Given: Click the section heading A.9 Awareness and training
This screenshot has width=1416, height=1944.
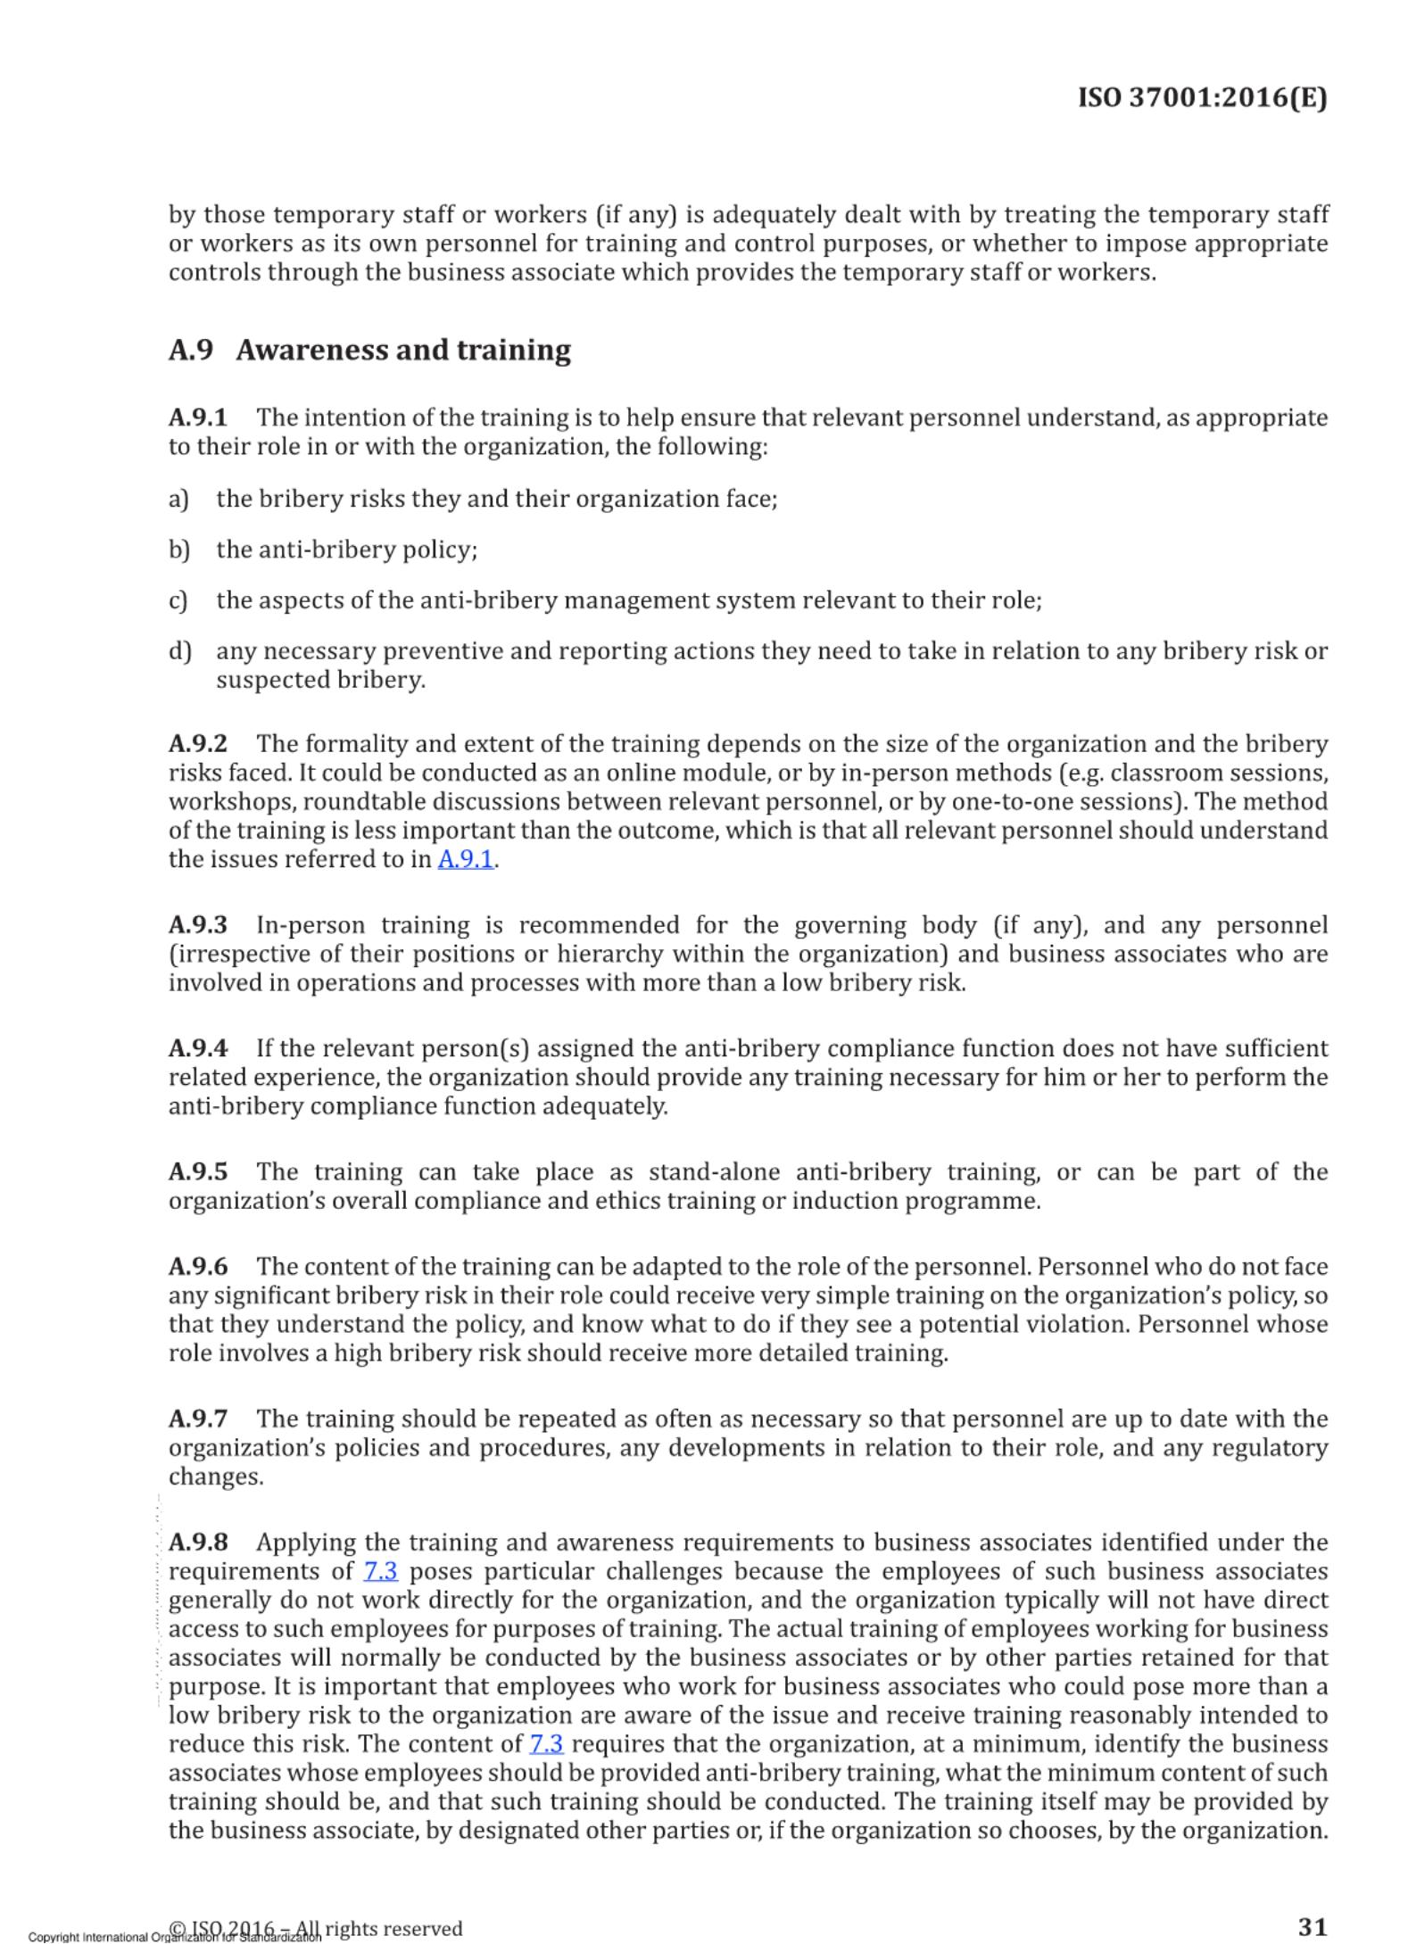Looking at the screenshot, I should tap(369, 351).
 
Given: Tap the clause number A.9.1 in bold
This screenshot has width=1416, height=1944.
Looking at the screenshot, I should tap(198, 418).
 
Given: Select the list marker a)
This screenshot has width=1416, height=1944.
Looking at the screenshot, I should tap(178, 499).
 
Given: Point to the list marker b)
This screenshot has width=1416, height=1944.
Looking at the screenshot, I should tap(179, 550).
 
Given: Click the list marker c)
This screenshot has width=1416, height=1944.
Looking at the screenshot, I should tap(178, 600).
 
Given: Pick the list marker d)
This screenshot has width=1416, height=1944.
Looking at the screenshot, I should tap(179, 651).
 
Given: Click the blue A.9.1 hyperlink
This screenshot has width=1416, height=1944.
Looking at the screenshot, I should tap(465, 859).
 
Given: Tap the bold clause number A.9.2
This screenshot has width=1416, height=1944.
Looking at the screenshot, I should tap(198, 743).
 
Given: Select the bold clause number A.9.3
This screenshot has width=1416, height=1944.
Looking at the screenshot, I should tap(198, 925).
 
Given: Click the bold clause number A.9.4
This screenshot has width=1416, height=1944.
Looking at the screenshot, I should tap(198, 1048).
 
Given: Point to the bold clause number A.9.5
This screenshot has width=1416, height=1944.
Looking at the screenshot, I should tap(198, 1171).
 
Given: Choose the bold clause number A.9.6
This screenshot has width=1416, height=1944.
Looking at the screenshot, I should tap(198, 1267).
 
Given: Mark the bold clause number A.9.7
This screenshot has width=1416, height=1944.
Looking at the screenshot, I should tap(198, 1419).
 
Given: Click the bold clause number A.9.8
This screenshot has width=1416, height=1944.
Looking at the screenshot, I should tap(198, 1543).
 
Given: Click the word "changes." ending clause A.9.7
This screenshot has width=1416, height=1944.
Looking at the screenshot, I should tap(216, 1477).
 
